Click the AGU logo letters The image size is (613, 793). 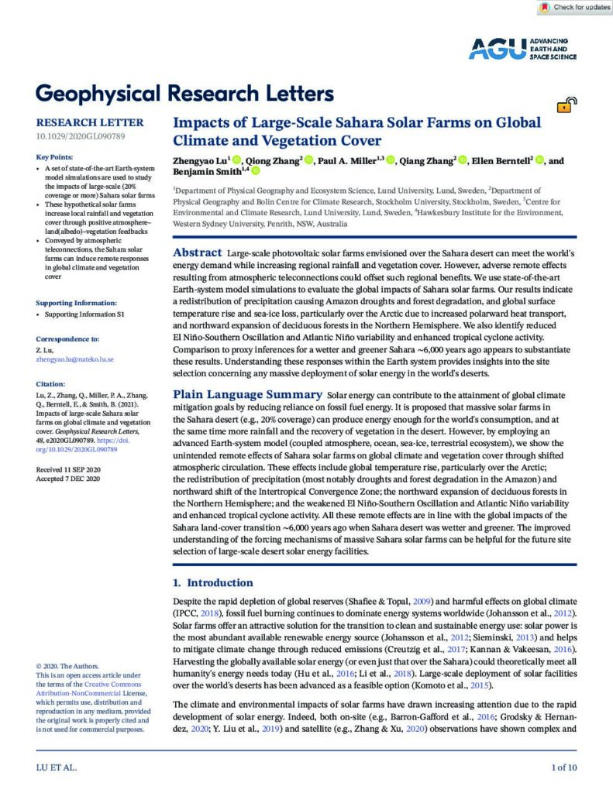click(x=494, y=49)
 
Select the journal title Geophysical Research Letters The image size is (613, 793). click(x=185, y=94)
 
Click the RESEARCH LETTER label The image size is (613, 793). click(x=90, y=122)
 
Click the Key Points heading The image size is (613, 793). click(x=60, y=157)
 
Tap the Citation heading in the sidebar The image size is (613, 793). click(x=50, y=383)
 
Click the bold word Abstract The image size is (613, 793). click(x=196, y=253)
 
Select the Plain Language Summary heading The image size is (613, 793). click(x=246, y=395)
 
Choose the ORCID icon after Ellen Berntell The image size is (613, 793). click(x=539, y=160)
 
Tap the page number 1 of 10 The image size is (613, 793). click(x=563, y=767)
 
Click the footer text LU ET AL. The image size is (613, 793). click(x=56, y=767)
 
